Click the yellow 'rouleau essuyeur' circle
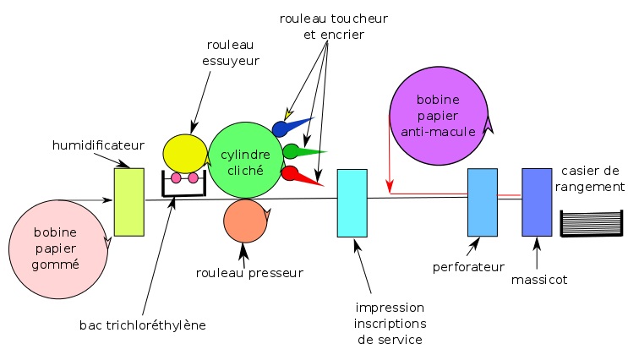184,154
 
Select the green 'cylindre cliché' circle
245,161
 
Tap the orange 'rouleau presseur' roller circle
245,221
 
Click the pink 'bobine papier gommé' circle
58,249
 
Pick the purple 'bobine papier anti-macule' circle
439,116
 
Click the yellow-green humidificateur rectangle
129,202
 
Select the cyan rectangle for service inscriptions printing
352,203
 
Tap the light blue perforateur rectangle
483,202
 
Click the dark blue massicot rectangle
537,202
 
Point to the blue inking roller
281,128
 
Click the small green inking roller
291,152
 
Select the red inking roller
290,173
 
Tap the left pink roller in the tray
176,177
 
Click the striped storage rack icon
592,223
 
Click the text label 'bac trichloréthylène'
143,325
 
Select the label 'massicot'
539,280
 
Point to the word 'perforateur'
468,267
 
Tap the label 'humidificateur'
98,145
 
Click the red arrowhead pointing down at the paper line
390,187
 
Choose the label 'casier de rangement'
590,178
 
